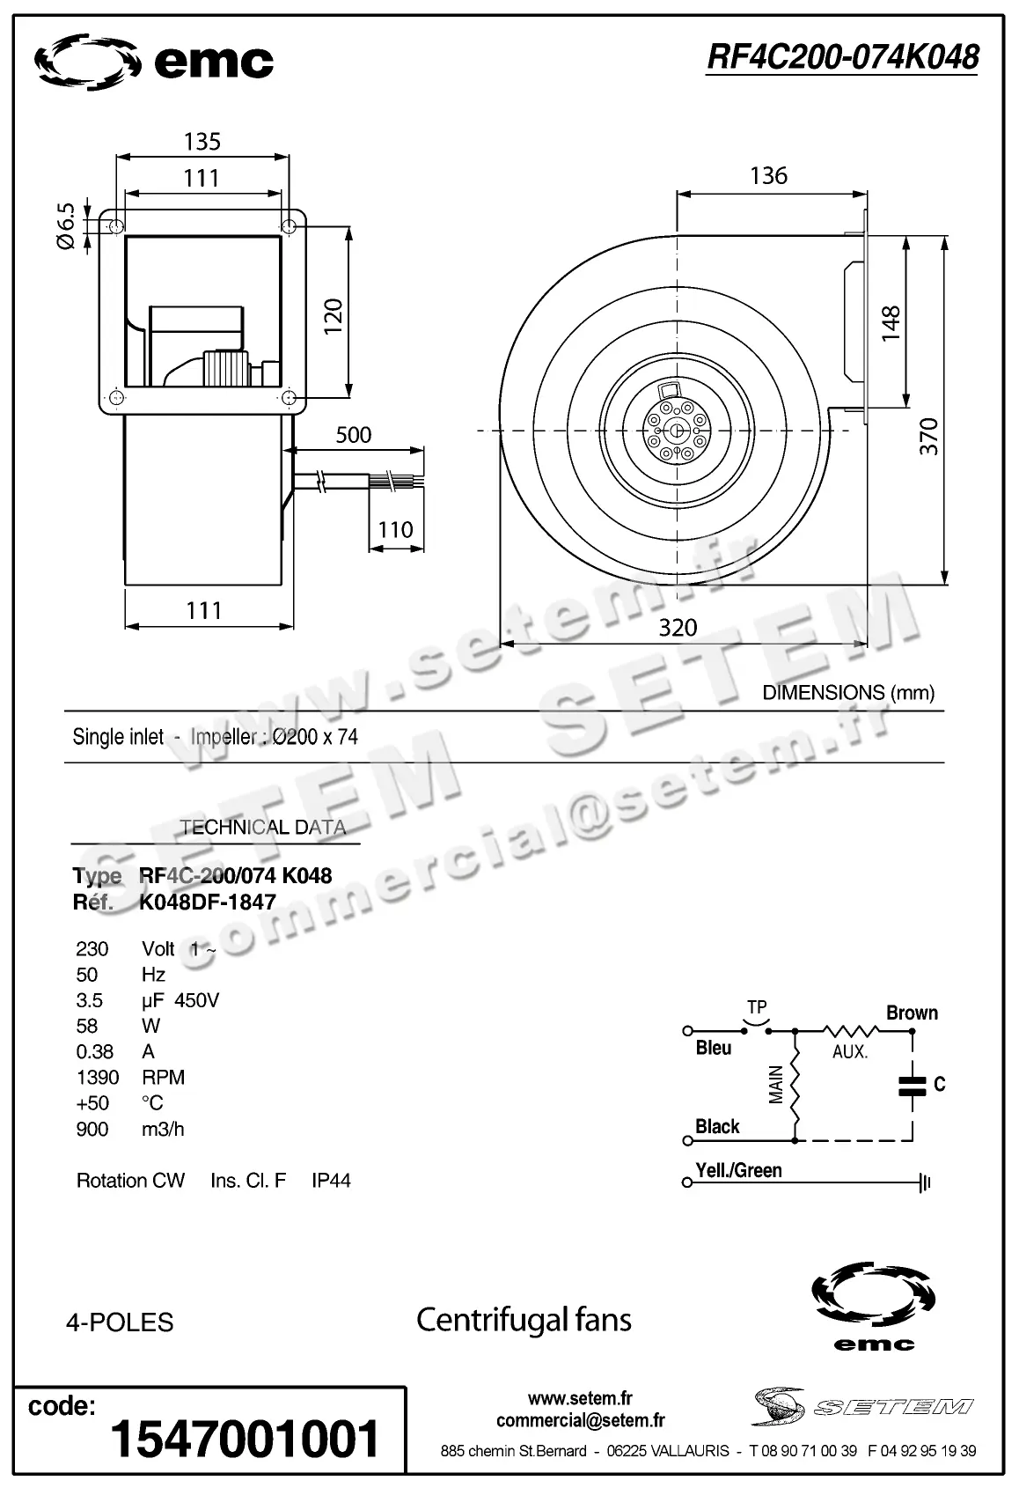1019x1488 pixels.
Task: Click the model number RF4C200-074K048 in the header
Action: [x=842, y=57]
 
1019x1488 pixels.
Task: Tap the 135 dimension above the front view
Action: [x=202, y=142]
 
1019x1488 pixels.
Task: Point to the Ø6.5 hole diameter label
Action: [x=66, y=227]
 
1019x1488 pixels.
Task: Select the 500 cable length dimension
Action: [x=354, y=435]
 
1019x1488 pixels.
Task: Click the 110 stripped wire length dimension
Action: [x=395, y=530]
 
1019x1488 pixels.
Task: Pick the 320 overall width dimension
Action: [x=678, y=628]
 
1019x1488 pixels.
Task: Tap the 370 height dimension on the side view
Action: [x=929, y=437]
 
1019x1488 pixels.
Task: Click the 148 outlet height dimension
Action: [x=891, y=323]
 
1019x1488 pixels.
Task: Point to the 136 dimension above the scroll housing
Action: [x=768, y=176]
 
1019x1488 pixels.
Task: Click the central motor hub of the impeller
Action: [x=676, y=431]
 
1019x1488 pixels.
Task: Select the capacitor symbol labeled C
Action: [x=913, y=1085]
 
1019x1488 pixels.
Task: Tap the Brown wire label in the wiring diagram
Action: [x=912, y=1013]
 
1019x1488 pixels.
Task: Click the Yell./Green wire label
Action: [x=738, y=1171]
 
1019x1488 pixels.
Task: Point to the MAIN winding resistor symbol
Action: [x=795, y=1085]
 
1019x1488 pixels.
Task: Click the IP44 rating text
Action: [x=331, y=1181]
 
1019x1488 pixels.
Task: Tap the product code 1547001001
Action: [x=245, y=1439]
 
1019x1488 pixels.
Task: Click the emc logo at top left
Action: [x=153, y=62]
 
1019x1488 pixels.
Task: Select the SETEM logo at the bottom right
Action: [x=862, y=1407]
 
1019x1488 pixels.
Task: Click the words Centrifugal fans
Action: [x=524, y=1320]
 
